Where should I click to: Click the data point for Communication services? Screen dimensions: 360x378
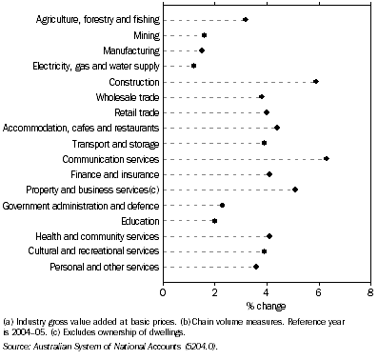pos(327,158)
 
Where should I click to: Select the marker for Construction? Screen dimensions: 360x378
pos(316,81)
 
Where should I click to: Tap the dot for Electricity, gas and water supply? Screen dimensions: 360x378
pos(194,66)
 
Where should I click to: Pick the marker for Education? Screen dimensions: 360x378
pos(215,220)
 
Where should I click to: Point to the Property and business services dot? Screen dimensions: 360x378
pos(295,190)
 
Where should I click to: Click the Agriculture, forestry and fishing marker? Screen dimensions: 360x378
pos(246,19)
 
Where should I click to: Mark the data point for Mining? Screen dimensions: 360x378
pos(205,34)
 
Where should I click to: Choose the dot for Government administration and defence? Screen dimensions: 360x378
pos(223,205)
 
